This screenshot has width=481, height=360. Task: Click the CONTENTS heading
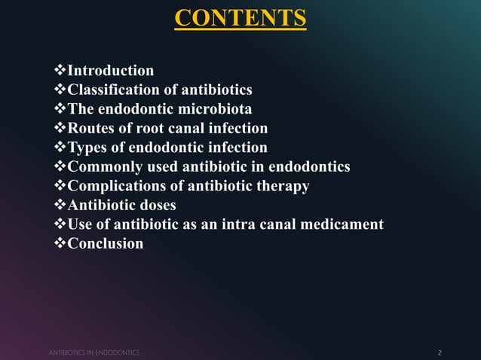(x=240, y=17)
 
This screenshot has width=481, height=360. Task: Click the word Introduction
(x=111, y=71)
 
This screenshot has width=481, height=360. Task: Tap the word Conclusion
(x=106, y=243)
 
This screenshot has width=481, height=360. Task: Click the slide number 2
(x=440, y=352)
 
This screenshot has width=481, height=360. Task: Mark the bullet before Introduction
(x=61, y=71)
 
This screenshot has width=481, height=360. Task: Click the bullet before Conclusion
(x=61, y=243)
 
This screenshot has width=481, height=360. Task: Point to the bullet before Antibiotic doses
(x=61, y=205)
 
